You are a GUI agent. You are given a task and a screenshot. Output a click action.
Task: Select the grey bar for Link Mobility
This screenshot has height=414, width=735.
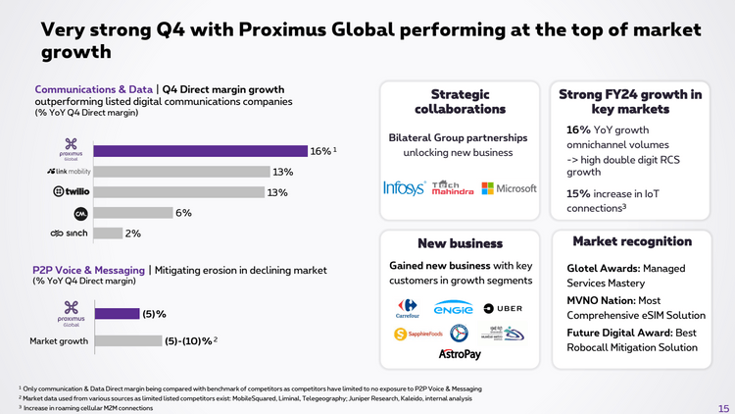pyautogui.click(x=182, y=172)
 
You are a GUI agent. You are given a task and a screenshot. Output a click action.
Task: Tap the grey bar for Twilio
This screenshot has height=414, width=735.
pyautogui.click(x=182, y=192)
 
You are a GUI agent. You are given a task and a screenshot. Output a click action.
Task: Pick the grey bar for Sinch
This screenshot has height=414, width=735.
pyautogui.click(x=110, y=233)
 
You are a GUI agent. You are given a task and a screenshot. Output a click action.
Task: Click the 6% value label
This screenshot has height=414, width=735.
pyautogui.click(x=183, y=213)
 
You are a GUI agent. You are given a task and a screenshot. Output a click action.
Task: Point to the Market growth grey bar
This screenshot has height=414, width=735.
pyautogui.click(x=127, y=341)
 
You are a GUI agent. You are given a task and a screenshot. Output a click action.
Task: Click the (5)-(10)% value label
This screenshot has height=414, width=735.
pyautogui.click(x=188, y=341)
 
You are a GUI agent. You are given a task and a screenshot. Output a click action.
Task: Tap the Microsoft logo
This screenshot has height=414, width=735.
pyautogui.click(x=510, y=188)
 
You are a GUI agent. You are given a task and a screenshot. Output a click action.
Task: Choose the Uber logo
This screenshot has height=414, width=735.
pyautogui.click(x=512, y=308)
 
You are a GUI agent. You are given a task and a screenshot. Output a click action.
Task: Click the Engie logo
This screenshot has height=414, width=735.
pyautogui.click(x=454, y=308)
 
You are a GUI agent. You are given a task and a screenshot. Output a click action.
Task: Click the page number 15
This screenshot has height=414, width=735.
pyautogui.click(x=722, y=405)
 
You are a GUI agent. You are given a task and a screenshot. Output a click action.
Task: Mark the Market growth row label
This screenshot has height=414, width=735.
pyautogui.click(x=60, y=341)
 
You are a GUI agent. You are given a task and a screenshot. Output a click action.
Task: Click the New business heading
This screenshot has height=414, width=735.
pyautogui.click(x=460, y=242)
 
